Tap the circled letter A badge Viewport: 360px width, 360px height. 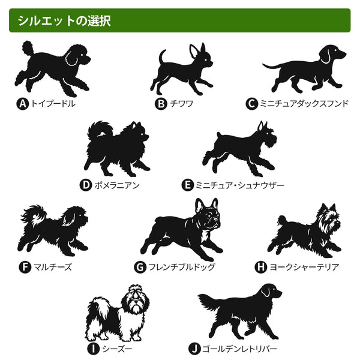coord(23,104)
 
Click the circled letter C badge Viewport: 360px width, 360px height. coord(252,104)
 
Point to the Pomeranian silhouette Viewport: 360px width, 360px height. coord(117,149)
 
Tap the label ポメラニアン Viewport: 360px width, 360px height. coord(117,185)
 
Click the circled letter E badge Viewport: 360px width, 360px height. coord(187,185)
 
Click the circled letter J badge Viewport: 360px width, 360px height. coord(194,349)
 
